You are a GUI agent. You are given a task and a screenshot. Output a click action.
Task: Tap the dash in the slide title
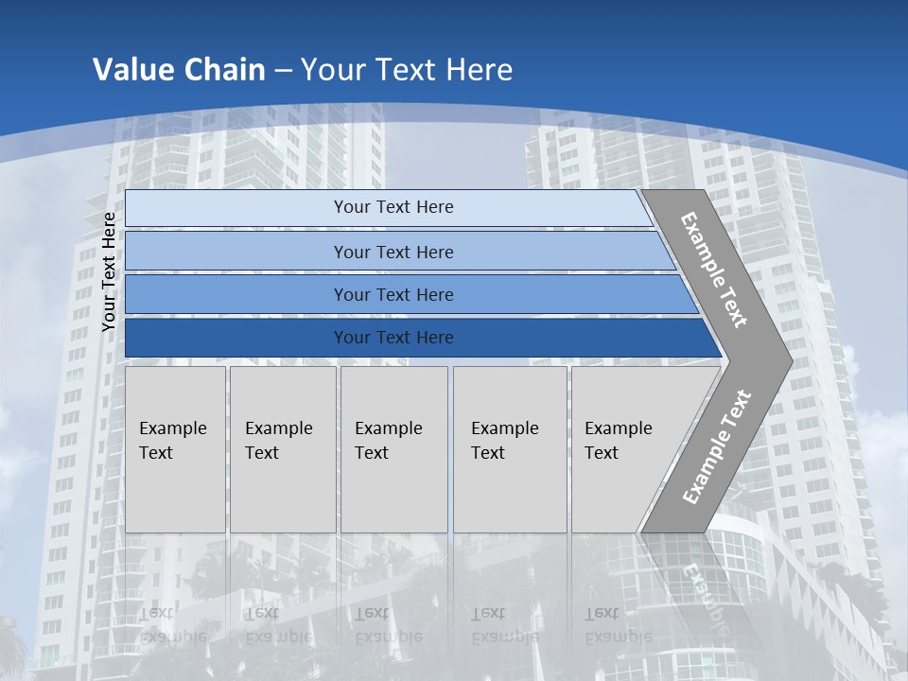(x=283, y=70)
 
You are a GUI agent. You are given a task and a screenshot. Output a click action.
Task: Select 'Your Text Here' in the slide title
(x=407, y=69)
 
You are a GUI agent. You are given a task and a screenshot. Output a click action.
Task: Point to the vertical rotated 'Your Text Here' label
(x=109, y=271)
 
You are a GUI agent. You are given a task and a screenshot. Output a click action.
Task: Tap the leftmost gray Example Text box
(x=175, y=449)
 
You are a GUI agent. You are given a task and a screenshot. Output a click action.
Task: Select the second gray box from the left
(x=283, y=449)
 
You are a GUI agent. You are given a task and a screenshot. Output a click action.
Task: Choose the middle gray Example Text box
(x=393, y=449)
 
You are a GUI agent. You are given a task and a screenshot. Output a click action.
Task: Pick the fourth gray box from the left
(x=510, y=449)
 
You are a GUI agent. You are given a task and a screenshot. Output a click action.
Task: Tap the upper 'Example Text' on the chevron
(x=714, y=270)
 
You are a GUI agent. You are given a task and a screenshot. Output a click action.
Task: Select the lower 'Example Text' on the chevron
(x=717, y=446)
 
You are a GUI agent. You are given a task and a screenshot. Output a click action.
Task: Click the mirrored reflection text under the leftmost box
(x=173, y=625)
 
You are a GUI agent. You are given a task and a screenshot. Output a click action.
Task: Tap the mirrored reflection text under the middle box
(x=389, y=625)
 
